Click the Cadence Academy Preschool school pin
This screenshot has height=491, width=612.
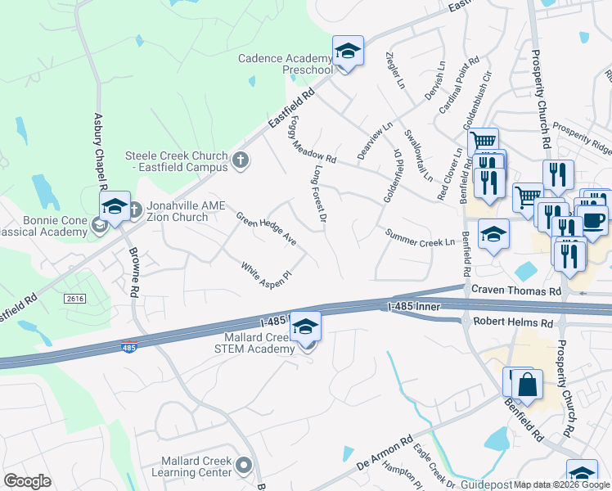click(x=348, y=52)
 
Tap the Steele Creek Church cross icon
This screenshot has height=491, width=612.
click(x=241, y=160)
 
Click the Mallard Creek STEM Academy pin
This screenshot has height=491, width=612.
click(x=306, y=327)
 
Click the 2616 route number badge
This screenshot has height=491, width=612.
click(x=75, y=300)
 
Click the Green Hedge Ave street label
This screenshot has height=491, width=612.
click(x=266, y=229)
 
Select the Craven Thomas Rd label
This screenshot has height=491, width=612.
click(x=516, y=291)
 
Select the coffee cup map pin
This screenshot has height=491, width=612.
click(x=592, y=218)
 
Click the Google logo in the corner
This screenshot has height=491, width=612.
click(x=27, y=481)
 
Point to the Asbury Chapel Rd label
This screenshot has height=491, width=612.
click(x=101, y=151)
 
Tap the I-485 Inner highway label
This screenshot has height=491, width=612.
click(x=414, y=307)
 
